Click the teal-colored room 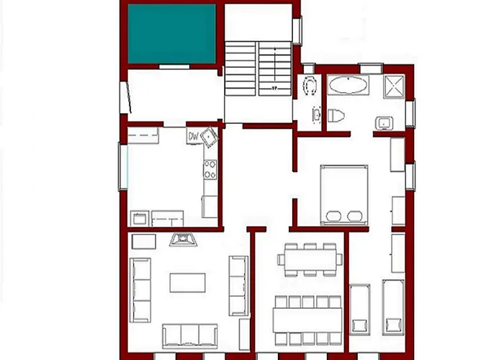click(x=171, y=34)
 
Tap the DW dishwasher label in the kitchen click(x=193, y=135)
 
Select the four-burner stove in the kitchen click(x=211, y=170)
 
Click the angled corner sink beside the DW click(x=208, y=135)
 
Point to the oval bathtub click(x=348, y=86)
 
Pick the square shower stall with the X click(x=395, y=85)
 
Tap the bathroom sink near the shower click(x=383, y=122)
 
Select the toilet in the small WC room click(x=310, y=87)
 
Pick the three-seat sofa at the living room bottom click(x=189, y=335)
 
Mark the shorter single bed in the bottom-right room click(x=359, y=308)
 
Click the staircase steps click(x=258, y=68)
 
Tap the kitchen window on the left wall click(x=122, y=167)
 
